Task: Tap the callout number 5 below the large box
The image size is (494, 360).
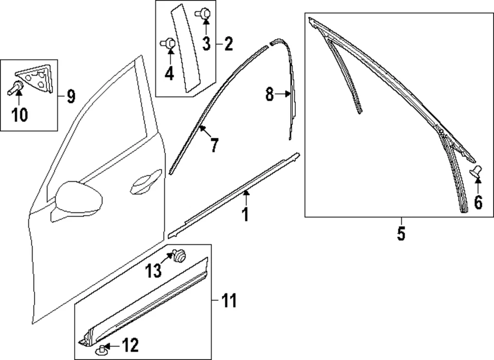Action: pos(401,233)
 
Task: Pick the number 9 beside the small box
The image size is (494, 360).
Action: pos(70,95)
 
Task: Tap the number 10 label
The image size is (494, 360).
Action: pos(20,116)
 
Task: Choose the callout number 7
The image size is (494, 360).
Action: pos(214,145)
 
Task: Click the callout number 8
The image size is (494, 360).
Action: pos(270,95)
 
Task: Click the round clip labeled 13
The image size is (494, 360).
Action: pos(180,255)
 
